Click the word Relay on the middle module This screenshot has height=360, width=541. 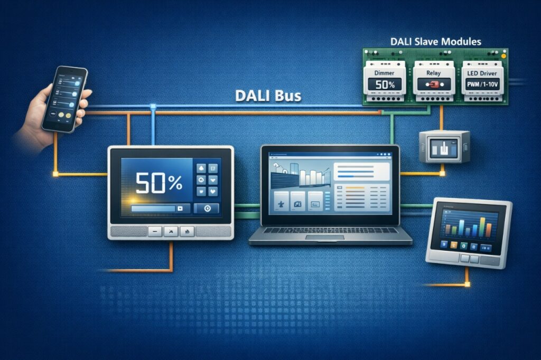433,73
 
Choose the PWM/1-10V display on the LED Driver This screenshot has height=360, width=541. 481,84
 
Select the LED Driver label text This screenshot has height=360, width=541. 481,73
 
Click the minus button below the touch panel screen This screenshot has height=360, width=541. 155,231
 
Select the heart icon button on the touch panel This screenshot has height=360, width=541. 213,191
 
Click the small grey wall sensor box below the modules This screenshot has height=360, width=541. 443,146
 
